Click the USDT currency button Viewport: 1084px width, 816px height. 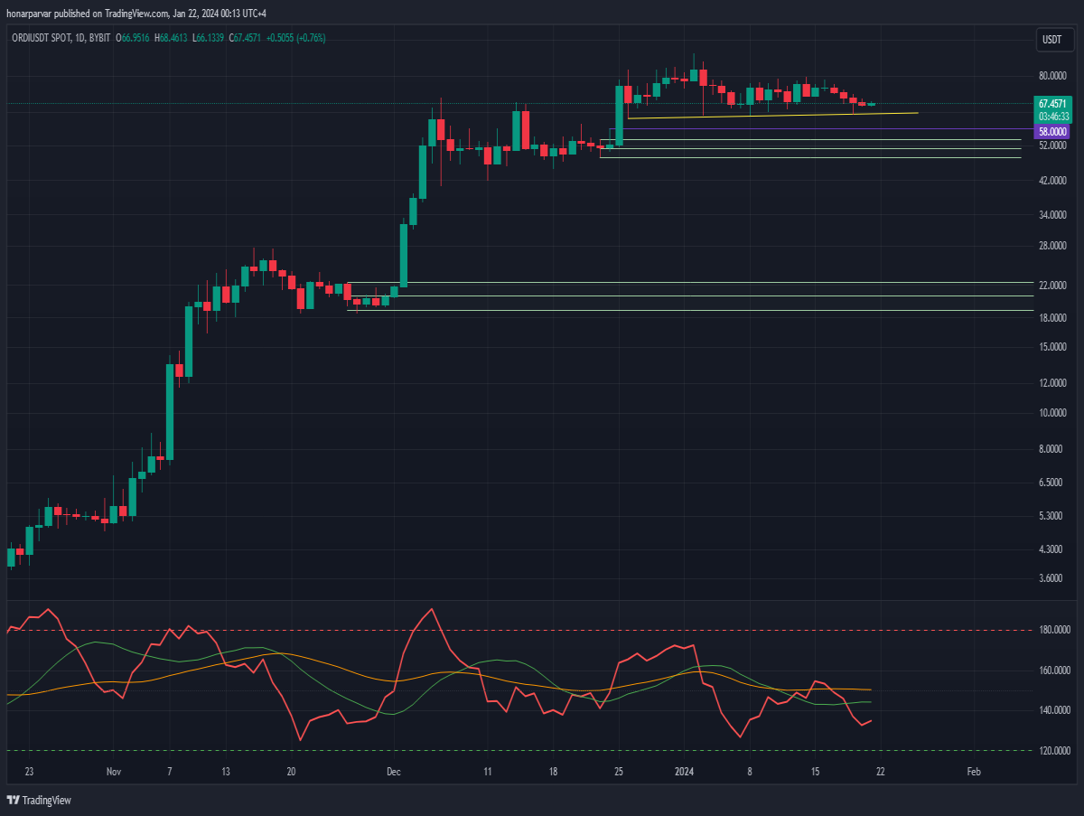(x=1054, y=40)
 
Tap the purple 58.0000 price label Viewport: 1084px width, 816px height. (x=1051, y=132)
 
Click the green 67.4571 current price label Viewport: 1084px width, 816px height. (x=1052, y=104)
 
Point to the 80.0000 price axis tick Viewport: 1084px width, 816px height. (x=1052, y=76)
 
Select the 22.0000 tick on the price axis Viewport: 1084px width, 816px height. (x=1052, y=285)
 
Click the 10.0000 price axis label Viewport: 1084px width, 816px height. (x=1052, y=412)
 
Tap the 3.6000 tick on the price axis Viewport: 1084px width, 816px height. (x=1051, y=578)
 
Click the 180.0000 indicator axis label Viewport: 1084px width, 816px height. (x=1054, y=630)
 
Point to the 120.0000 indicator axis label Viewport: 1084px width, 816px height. (x=1054, y=751)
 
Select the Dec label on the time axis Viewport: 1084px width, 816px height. (x=394, y=772)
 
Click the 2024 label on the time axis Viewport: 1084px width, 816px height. (x=684, y=772)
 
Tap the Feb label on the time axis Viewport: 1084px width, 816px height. (x=974, y=772)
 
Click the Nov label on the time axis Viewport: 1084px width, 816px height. (x=114, y=772)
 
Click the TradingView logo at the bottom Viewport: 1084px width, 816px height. (x=39, y=801)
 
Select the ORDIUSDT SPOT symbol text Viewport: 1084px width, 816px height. (x=42, y=38)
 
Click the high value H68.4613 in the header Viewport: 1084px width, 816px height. (x=171, y=38)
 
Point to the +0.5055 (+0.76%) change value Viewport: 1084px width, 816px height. (x=295, y=38)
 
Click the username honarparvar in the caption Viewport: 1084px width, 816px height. (x=29, y=14)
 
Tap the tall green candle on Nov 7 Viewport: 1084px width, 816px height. (x=170, y=412)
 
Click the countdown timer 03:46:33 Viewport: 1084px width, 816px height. (x=1053, y=117)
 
